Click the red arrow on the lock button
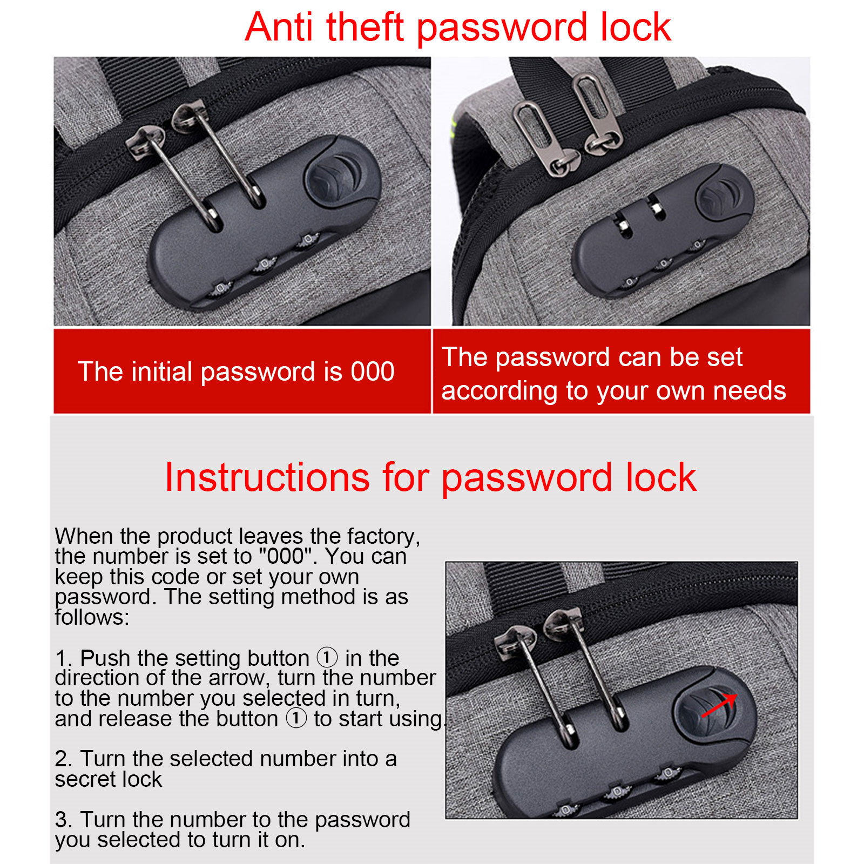[719, 705]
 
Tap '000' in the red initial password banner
[373, 372]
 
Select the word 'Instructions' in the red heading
[267, 477]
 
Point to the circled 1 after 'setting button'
[327, 658]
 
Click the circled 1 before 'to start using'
[296, 718]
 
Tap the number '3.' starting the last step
[64, 820]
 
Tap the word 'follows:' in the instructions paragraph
[92, 617]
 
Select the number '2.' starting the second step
[64, 759]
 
